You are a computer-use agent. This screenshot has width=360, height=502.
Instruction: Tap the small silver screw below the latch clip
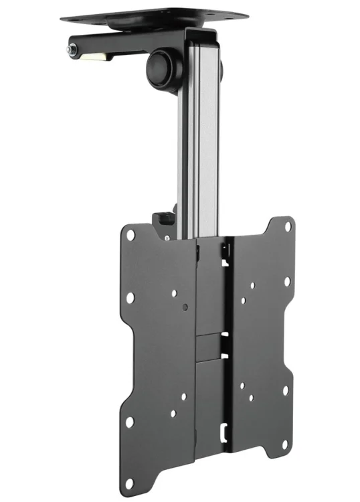[x=164, y=236]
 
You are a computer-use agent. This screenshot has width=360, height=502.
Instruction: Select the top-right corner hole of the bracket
[x=288, y=225]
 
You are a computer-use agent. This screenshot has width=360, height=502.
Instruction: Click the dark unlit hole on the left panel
[x=185, y=309]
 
